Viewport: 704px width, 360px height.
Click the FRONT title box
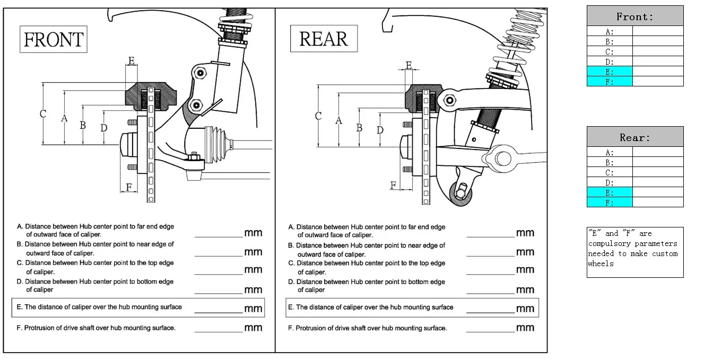(54, 39)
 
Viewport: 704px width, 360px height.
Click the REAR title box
(324, 39)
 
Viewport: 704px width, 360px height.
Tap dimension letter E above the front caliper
(132, 60)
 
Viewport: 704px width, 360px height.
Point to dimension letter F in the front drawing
(129, 187)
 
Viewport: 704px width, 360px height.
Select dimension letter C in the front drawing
(43, 113)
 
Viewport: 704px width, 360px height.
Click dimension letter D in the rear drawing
(380, 130)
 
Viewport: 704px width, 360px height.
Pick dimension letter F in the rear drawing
(393, 186)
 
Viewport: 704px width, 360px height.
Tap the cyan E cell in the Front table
(610, 71)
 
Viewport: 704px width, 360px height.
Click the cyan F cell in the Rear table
(610, 203)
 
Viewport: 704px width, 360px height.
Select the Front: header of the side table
(635, 16)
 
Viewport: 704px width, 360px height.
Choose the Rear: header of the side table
(635, 137)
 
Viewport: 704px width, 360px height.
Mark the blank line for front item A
(219, 237)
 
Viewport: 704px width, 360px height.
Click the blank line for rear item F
(490, 332)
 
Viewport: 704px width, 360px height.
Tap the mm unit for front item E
(253, 309)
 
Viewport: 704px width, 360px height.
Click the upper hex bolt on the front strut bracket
(200, 73)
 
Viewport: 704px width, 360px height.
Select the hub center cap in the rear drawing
(406, 147)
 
